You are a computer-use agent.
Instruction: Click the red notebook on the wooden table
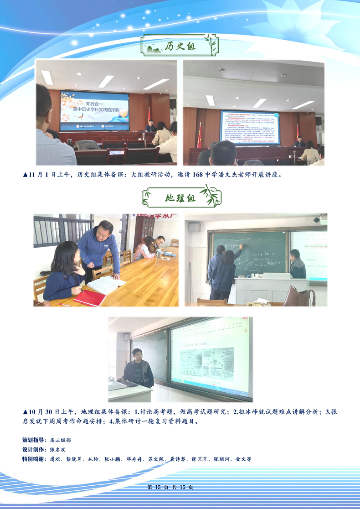(x=89, y=298)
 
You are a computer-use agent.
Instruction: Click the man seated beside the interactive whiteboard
(x=138, y=369)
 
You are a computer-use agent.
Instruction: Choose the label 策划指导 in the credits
(x=34, y=440)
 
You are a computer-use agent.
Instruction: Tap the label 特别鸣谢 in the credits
(x=34, y=459)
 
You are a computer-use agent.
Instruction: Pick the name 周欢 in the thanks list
(x=55, y=459)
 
